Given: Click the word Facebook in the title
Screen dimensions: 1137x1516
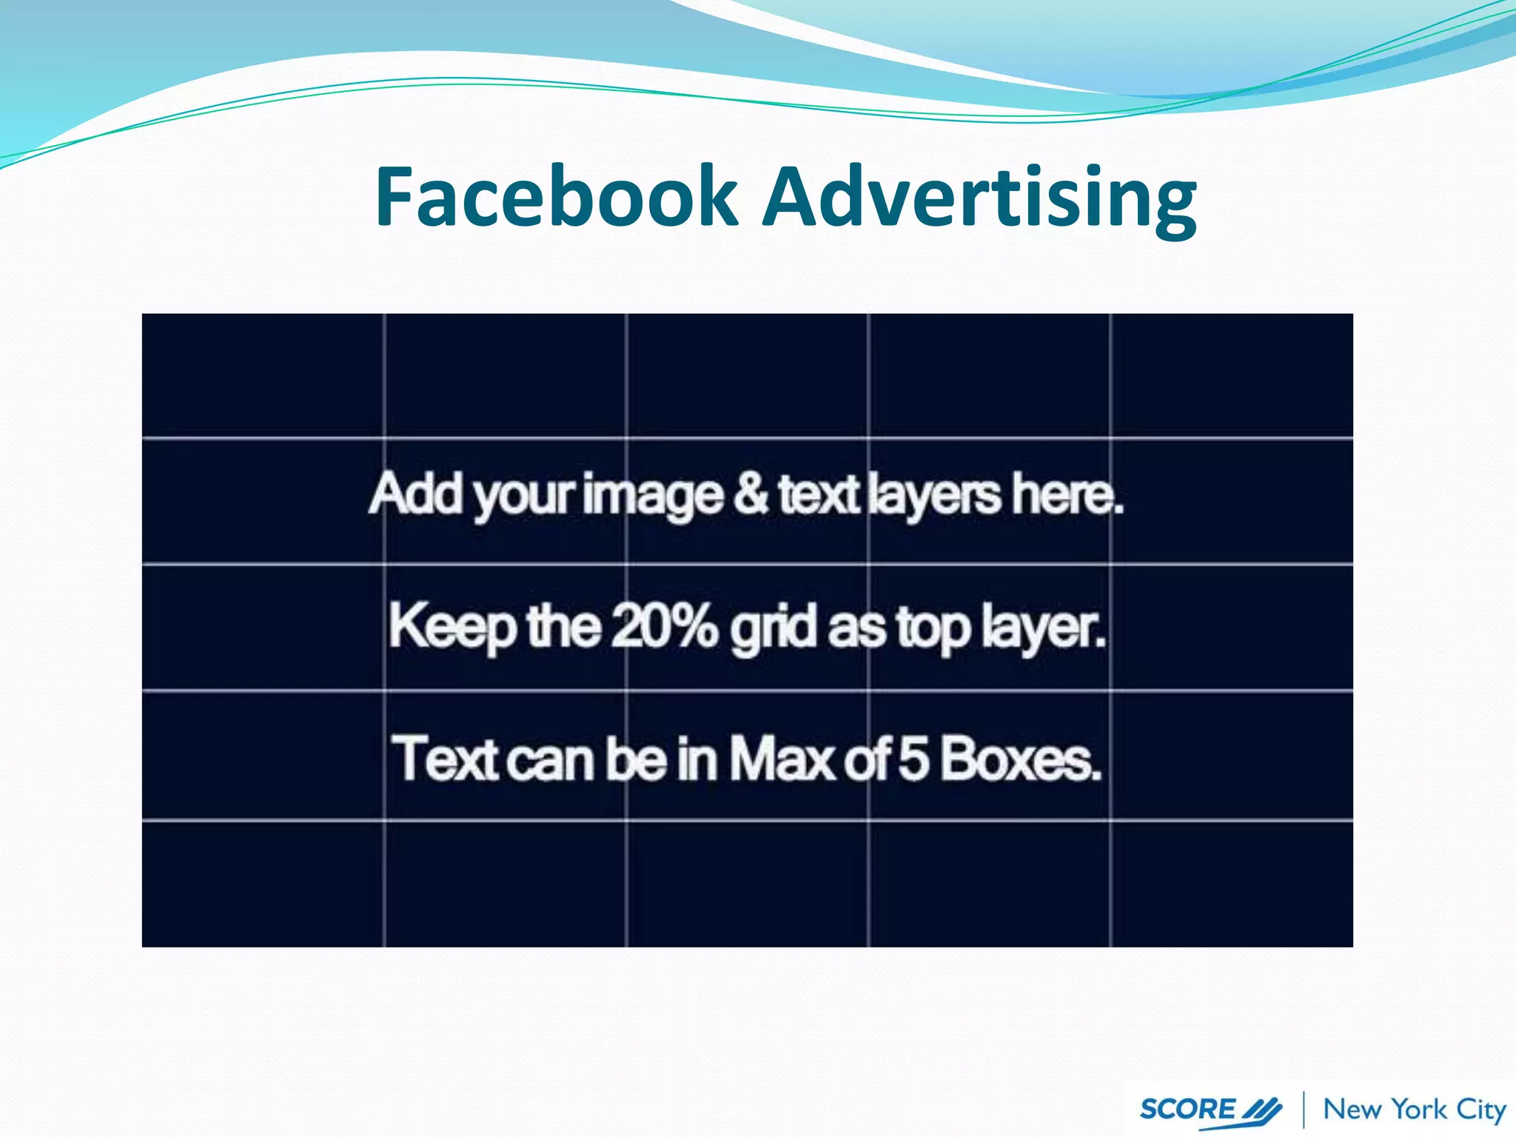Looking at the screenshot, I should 556,196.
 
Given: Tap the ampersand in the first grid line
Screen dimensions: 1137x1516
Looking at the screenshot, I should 751,494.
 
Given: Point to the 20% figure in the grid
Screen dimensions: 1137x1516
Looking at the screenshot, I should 664,625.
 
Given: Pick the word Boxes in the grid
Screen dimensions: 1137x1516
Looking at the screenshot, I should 1022,759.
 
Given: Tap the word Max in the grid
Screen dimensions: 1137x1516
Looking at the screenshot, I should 782,759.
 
